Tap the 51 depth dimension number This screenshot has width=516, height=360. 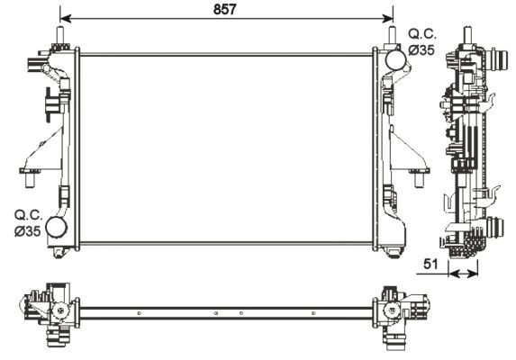point(432,265)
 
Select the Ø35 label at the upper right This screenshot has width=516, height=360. point(421,50)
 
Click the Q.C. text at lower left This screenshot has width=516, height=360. point(25,216)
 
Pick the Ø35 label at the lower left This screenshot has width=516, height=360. point(26,232)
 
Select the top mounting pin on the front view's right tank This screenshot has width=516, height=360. point(393,37)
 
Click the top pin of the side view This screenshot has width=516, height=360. point(468,31)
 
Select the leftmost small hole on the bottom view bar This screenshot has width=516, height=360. point(139,312)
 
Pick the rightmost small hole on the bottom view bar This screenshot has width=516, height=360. point(313,312)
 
